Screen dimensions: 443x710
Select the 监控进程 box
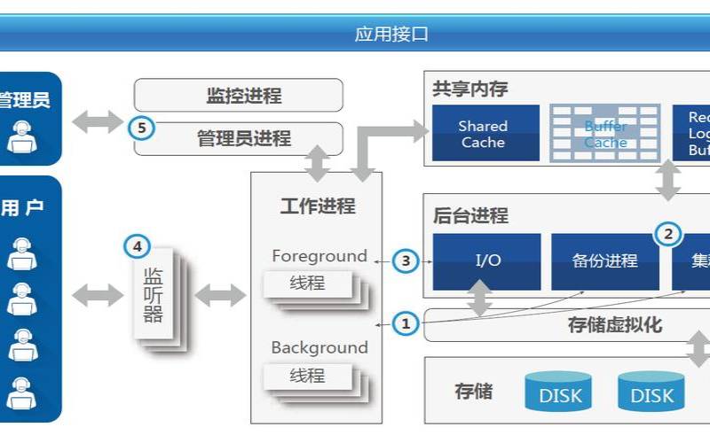click(x=238, y=96)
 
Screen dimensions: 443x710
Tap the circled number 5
click(x=141, y=128)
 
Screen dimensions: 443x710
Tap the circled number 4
click(x=136, y=245)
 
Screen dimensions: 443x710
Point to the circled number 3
click(x=406, y=260)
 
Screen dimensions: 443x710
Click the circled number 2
click(x=668, y=234)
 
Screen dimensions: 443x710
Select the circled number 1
click(x=406, y=324)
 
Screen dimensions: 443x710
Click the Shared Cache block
click(x=485, y=134)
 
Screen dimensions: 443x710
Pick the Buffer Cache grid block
click(x=605, y=134)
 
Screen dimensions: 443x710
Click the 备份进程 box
click(x=605, y=260)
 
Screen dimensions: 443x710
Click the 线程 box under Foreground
click(x=307, y=284)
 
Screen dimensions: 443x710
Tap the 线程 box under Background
click(x=307, y=376)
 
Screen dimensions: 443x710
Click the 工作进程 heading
click(x=317, y=206)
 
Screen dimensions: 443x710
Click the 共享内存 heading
click(x=469, y=89)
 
